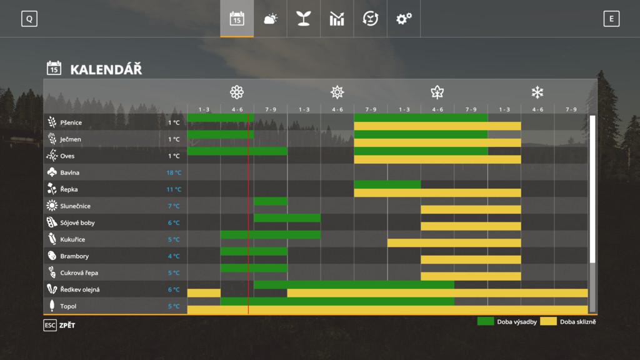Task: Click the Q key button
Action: click(29, 19)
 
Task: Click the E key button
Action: click(611, 19)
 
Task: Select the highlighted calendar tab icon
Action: click(237, 19)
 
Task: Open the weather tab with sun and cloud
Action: click(271, 19)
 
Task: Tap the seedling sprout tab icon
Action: click(304, 19)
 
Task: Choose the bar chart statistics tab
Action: click(337, 19)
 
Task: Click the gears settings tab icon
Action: click(404, 19)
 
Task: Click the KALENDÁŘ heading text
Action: click(106, 69)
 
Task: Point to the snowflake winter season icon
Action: click(537, 92)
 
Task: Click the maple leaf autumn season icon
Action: click(437, 92)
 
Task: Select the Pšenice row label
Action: click(71, 122)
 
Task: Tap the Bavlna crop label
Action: click(70, 172)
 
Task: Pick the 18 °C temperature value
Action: click(173, 172)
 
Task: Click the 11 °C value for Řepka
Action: click(174, 189)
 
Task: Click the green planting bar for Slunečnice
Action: click(271, 201)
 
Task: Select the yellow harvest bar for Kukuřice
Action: click(454, 242)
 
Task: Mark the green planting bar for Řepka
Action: click(387, 184)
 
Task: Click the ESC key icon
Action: click(50, 325)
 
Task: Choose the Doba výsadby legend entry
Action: click(507, 321)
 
